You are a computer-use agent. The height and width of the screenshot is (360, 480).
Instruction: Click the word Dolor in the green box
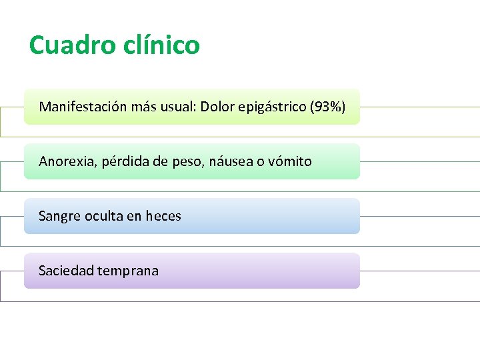pyautogui.click(x=217, y=107)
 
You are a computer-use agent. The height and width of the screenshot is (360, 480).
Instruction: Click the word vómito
pyautogui.click(x=290, y=161)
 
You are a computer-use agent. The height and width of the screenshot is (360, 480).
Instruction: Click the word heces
pyautogui.click(x=163, y=216)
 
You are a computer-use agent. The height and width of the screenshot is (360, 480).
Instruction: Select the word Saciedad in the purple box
pyautogui.click(x=66, y=271)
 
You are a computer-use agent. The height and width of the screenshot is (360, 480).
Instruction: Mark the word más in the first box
pyautogui.click(x=144, y=107)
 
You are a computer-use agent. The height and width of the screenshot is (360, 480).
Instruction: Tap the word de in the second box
pyautogui.click(x=158, y=161)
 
